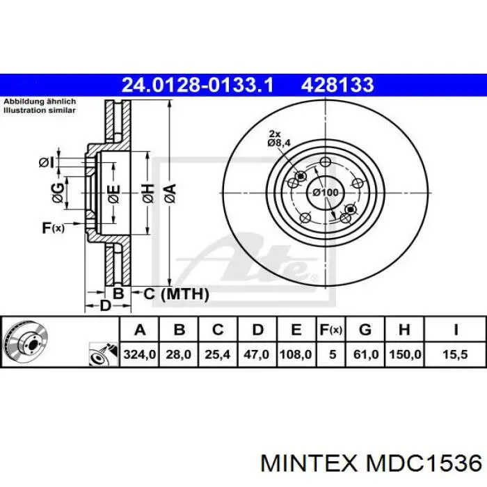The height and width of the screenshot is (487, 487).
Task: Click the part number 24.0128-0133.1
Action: click(198, 85)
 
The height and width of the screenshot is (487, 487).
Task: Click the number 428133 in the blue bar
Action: click(337, 85)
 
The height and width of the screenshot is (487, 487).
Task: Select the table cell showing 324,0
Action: click(139, 354)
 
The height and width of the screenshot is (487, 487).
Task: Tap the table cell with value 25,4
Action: click(217, 354)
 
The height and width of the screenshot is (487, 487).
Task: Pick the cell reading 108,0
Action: click(296, 354)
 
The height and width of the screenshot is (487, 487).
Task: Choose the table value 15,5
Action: click(455, 354)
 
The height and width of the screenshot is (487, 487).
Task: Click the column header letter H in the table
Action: click(404, 330)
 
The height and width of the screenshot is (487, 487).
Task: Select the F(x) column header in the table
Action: click(330, 330)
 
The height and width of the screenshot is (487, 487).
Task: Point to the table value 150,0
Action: click(405, 354)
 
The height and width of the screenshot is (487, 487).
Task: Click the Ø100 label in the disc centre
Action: click(325, 193)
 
